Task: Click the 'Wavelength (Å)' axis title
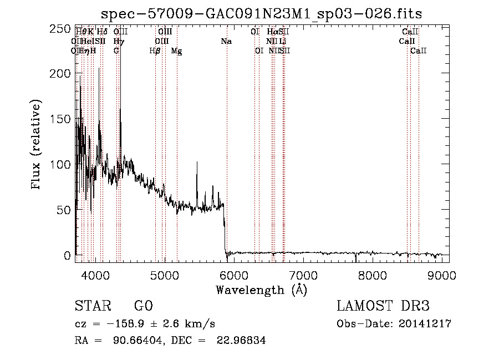pyautogui.click(x=261, y=290)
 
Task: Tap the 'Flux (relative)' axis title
pyautogui.click(x=37, y=145)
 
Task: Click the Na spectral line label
pyautogui.click(x=226, y=41)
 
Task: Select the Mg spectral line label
pyautogui.click(x=176, y=51)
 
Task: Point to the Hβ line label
pyautogui.click(x=155, y=51)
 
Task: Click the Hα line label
pyautogui.click(x=272, y=32)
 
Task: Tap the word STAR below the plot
pyautogui.click(x=91, y=306)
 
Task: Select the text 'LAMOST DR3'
pyautogui.click(x=383, y=306)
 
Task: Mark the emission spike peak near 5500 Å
pyautogui.click(x=197, y=163)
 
